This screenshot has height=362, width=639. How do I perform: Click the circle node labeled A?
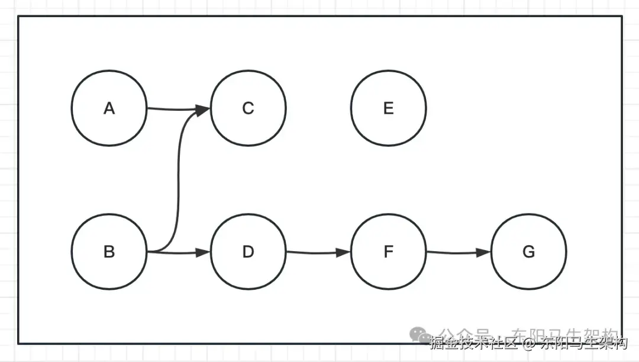(109, 108)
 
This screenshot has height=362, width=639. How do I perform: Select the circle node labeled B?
(109, 252)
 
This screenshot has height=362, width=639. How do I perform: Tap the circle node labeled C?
(248, 108)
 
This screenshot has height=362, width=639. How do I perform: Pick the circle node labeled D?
(248, 252)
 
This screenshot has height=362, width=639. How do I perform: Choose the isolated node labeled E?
(388, 108)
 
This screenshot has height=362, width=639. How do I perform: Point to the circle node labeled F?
(388, 252)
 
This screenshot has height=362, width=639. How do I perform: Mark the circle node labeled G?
(528, 252)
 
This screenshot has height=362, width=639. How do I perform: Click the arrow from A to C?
(172, 109)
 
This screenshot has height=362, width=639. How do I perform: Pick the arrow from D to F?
(314, 253)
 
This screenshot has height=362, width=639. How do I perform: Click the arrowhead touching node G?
(484, 252)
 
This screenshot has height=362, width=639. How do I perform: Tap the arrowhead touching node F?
(344, 252)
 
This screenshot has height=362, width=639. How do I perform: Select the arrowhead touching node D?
(204, 252)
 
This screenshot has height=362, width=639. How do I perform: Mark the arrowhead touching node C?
(203, 110)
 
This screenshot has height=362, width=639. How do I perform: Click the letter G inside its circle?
(528, 252)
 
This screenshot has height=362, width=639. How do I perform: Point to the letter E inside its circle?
(388, 108)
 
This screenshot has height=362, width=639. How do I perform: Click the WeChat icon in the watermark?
(422, 335)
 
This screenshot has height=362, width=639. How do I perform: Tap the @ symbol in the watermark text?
(527, 342)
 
